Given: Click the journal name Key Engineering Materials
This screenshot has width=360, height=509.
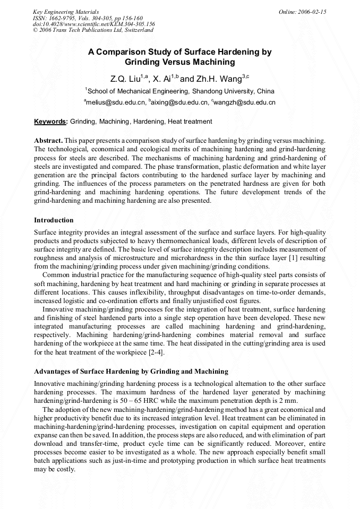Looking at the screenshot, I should click(x=66, y=12).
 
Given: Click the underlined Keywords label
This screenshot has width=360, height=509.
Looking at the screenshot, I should click(x=50, y=122).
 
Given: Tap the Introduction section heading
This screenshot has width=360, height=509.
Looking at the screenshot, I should click(x=54, y=220).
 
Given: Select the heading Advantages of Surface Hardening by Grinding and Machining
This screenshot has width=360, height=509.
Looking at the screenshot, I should click(x=131, y=371).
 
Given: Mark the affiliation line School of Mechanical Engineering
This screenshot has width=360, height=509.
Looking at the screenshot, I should click(x=180, y=91).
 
